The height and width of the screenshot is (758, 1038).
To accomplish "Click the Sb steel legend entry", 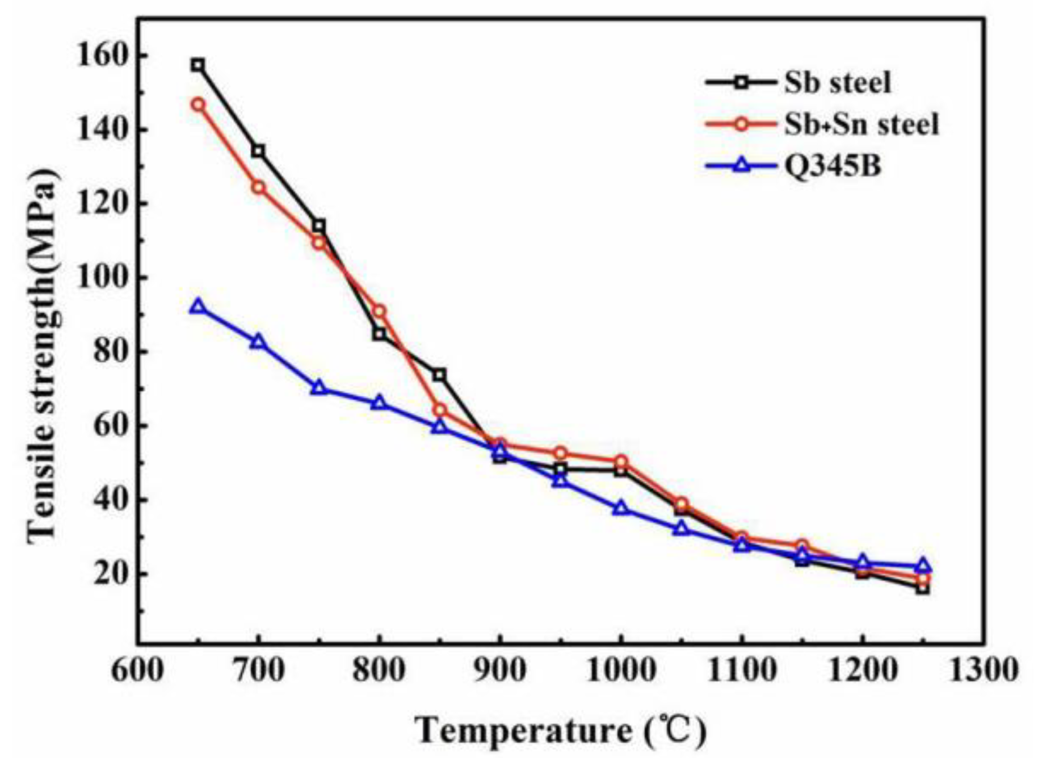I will [x=837, y=83].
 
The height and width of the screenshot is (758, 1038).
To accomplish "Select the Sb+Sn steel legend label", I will [x=861, y=124].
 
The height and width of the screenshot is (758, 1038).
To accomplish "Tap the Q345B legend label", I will [x=833, y=166].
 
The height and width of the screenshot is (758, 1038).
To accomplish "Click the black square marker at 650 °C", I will [x=197, y=65].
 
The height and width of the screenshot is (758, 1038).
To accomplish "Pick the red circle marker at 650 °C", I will [x=198, y=104].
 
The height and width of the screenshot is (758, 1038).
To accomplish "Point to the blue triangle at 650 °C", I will [x=197, y=307].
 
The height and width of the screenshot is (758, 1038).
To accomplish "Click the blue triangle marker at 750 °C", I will [x=319, y=388].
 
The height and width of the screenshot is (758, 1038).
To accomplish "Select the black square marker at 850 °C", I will [x=439, y=375].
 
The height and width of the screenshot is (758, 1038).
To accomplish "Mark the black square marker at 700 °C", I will [x=258, y=151].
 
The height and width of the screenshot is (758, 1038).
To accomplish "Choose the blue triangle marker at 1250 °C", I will [x=923, y=566].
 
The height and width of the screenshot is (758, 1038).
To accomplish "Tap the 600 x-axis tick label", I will [x=137, y=671].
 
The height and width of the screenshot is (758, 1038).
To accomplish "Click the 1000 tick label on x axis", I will [x=620, y=671].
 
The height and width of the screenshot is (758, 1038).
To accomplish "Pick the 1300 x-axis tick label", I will [x=983, y=671].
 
